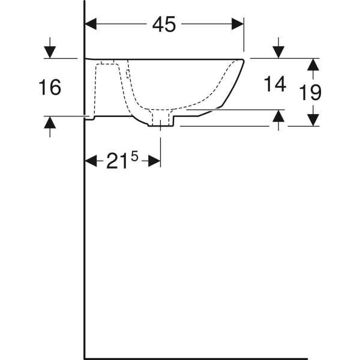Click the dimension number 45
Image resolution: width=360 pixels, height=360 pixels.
point(164,24)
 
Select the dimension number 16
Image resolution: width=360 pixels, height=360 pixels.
point(50,87)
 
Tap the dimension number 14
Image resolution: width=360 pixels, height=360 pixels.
point(275,84)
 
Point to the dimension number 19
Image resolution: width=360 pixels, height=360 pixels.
point(310,92)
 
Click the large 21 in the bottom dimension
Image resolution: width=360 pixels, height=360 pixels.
point(116,161)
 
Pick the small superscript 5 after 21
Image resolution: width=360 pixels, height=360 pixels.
point(134,157)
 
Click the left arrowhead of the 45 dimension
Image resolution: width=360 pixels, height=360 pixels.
point(91,24)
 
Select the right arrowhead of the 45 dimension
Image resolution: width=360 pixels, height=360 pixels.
point(238,24)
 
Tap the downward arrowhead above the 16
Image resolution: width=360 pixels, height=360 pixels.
point(50,52)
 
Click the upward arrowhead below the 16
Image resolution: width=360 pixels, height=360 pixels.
point(50,122)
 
